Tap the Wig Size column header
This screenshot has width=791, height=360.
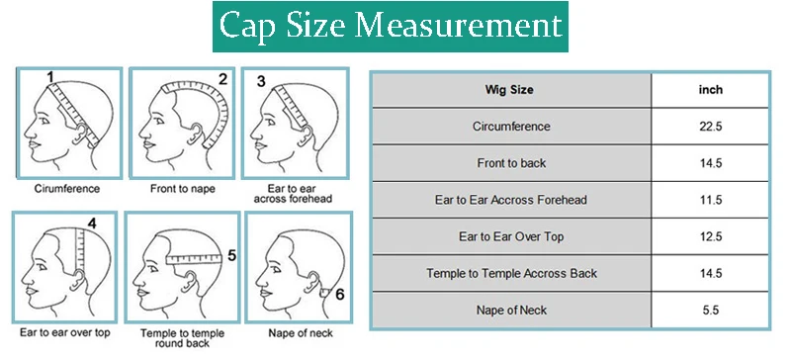510,90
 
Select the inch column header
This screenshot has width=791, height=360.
709,90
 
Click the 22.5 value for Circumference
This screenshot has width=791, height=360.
709,127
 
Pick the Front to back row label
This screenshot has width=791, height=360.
510,163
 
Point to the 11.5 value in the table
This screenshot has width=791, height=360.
709,200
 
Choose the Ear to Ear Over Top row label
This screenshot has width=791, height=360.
510,236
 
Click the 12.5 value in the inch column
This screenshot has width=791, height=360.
709,236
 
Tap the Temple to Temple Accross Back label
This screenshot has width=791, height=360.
510,273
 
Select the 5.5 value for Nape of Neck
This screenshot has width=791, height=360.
709,310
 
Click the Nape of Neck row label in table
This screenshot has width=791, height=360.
510,310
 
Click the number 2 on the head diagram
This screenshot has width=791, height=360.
222,79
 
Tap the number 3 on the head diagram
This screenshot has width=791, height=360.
261,80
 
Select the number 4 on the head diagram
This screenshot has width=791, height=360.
91,224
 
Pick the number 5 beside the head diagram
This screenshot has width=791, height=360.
231,255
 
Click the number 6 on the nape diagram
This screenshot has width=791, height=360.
339,294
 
